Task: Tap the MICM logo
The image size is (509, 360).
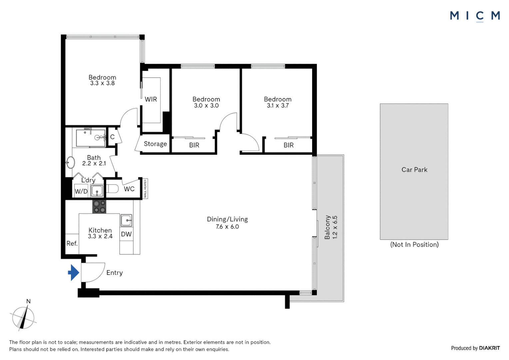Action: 475,16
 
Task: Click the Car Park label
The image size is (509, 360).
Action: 414,170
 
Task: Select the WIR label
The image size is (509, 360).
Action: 151,99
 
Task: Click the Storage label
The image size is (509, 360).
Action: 155,144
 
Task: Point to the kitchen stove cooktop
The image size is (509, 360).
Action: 99,207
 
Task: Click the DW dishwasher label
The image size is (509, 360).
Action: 126,234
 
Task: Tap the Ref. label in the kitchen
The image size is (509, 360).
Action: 72,244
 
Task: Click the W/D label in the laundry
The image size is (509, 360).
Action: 81,191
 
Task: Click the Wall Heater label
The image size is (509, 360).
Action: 145,189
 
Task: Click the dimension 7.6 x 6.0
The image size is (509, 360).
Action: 227,227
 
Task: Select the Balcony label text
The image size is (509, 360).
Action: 327,227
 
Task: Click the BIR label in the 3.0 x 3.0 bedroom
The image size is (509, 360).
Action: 194,145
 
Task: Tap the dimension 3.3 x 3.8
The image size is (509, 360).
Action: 102,83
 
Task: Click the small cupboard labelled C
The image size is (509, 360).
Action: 112,137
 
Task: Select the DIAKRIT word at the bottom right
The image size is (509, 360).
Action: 489,348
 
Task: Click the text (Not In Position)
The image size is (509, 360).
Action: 414,245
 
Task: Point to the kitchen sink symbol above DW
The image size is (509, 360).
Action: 126,220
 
